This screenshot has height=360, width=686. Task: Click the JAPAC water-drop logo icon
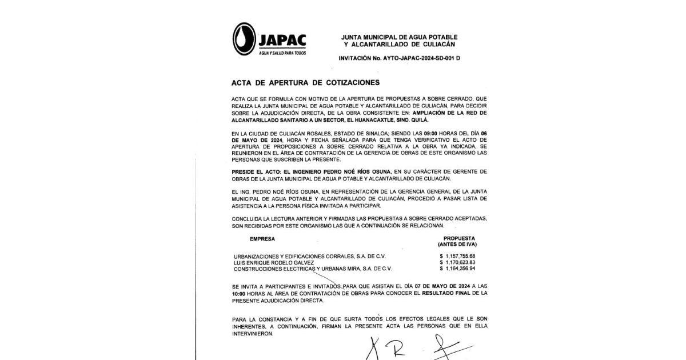point(244,39)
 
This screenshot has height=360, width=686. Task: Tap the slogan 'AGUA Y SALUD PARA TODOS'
point(282,53)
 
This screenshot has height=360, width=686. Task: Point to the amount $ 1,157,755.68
point(458,256)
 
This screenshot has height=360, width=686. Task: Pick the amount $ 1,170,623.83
point(458,262)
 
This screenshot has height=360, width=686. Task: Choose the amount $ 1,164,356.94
point(458,269)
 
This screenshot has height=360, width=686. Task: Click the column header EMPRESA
point(262,238)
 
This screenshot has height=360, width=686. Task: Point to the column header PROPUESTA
point(459,238)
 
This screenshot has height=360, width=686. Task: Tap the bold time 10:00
point(238,293)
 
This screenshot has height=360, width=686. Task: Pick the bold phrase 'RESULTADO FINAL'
point(445,293)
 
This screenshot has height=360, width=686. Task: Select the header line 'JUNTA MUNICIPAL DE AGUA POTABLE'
point(400,37)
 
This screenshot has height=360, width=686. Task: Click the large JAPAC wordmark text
point(282,40)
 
